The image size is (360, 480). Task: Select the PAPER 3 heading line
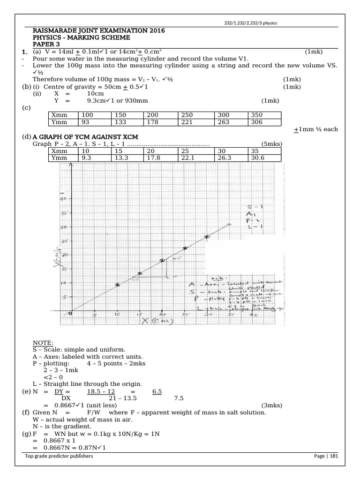pos(46,44)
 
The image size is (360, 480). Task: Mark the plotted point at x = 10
pos(117,285)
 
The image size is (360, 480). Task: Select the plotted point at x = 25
pos(185,248)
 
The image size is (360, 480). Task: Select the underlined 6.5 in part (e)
pos(157,391)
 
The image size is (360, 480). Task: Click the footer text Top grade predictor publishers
pos(59,456)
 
